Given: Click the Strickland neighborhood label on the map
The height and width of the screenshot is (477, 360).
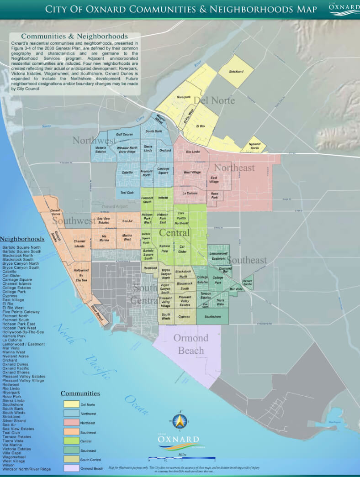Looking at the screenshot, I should (236, 72).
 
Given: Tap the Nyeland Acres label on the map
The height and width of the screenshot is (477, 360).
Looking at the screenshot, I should (254, 146).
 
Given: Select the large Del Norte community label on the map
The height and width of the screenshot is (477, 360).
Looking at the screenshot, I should (214, 100).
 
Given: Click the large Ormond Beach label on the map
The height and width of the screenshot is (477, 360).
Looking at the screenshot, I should (191, 344).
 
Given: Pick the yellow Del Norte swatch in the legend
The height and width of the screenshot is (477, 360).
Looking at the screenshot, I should (71, 404).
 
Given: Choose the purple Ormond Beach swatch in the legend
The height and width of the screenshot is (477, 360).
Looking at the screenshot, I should (71, 468).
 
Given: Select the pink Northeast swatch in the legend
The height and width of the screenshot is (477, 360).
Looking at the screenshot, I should (71, 423).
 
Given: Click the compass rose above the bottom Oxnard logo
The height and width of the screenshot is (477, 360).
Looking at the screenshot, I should (180, 420).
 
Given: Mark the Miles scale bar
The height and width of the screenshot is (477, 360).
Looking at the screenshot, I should (181, 458).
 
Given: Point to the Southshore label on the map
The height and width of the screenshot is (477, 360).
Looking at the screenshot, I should (212, 316).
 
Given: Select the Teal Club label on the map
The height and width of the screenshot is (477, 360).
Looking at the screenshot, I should (127, 193).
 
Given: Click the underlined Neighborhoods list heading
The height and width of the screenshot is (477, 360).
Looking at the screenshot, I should (22, 239).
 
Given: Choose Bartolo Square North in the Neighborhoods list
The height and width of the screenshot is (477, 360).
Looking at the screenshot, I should (21, 247).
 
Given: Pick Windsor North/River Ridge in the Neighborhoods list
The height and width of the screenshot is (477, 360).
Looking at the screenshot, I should (26, 469).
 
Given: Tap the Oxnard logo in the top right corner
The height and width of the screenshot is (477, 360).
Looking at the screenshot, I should (344, 9).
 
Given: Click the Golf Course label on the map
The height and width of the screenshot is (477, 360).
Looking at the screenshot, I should (124, 135).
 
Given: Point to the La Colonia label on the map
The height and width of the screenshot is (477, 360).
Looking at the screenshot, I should (190, 193).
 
